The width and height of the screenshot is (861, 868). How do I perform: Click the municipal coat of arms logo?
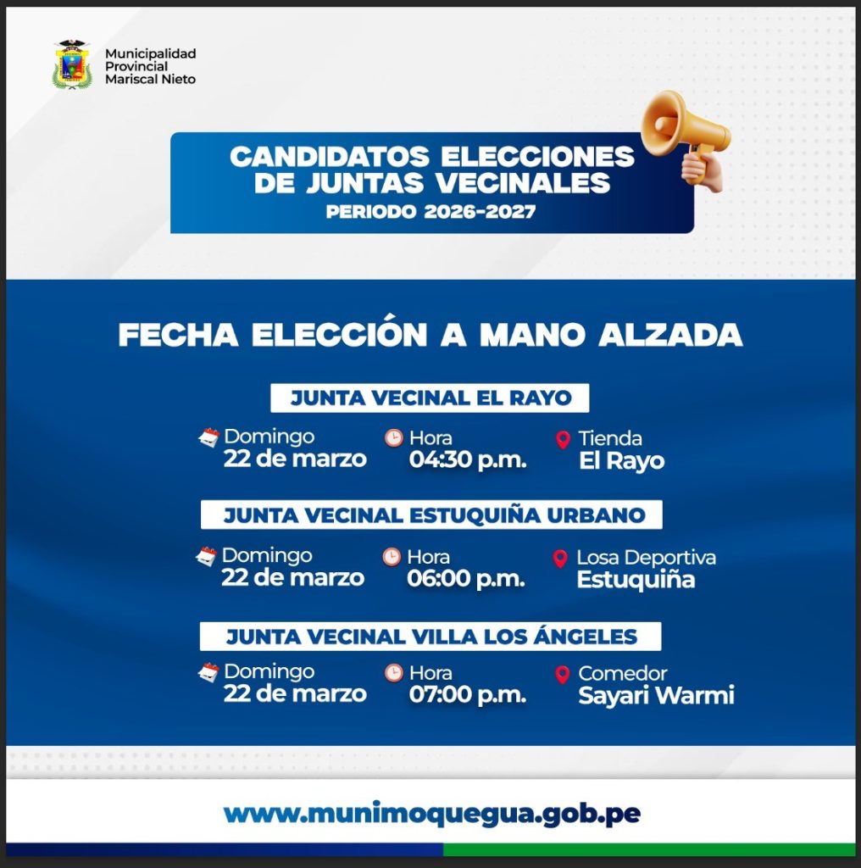(72, 64)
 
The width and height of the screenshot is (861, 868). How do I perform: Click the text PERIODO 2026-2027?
(430, 211)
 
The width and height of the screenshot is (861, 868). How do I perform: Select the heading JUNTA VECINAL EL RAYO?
(430, 398)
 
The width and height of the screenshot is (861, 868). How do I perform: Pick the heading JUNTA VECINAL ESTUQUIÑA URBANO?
(435, 515)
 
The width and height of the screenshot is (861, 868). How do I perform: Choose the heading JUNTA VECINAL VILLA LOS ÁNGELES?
(431, 637)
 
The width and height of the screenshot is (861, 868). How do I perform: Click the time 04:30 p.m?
(468, 460)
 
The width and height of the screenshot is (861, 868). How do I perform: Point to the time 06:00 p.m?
(466, 579)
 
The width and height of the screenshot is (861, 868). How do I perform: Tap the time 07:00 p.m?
(468, 695)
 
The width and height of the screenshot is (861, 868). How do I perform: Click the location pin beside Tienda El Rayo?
(563, 440)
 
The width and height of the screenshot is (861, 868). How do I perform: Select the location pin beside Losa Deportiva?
(560, 559)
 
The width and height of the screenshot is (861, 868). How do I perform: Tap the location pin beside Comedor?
(562, 675)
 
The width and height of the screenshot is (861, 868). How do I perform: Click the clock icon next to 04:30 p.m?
(394, 438)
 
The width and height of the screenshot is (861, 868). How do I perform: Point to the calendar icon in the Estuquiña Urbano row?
(207, 556)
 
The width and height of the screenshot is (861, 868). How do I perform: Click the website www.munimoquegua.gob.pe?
(432, 814)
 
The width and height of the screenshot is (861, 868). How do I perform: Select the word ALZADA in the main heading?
(670, 335)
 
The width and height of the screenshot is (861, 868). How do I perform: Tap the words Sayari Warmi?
(656, 696)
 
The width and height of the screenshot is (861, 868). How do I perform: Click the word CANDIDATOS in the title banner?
(330, 157)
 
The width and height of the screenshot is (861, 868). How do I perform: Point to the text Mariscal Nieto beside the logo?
(151, 79)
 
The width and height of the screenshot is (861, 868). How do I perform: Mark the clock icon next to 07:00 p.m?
(394, 673)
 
